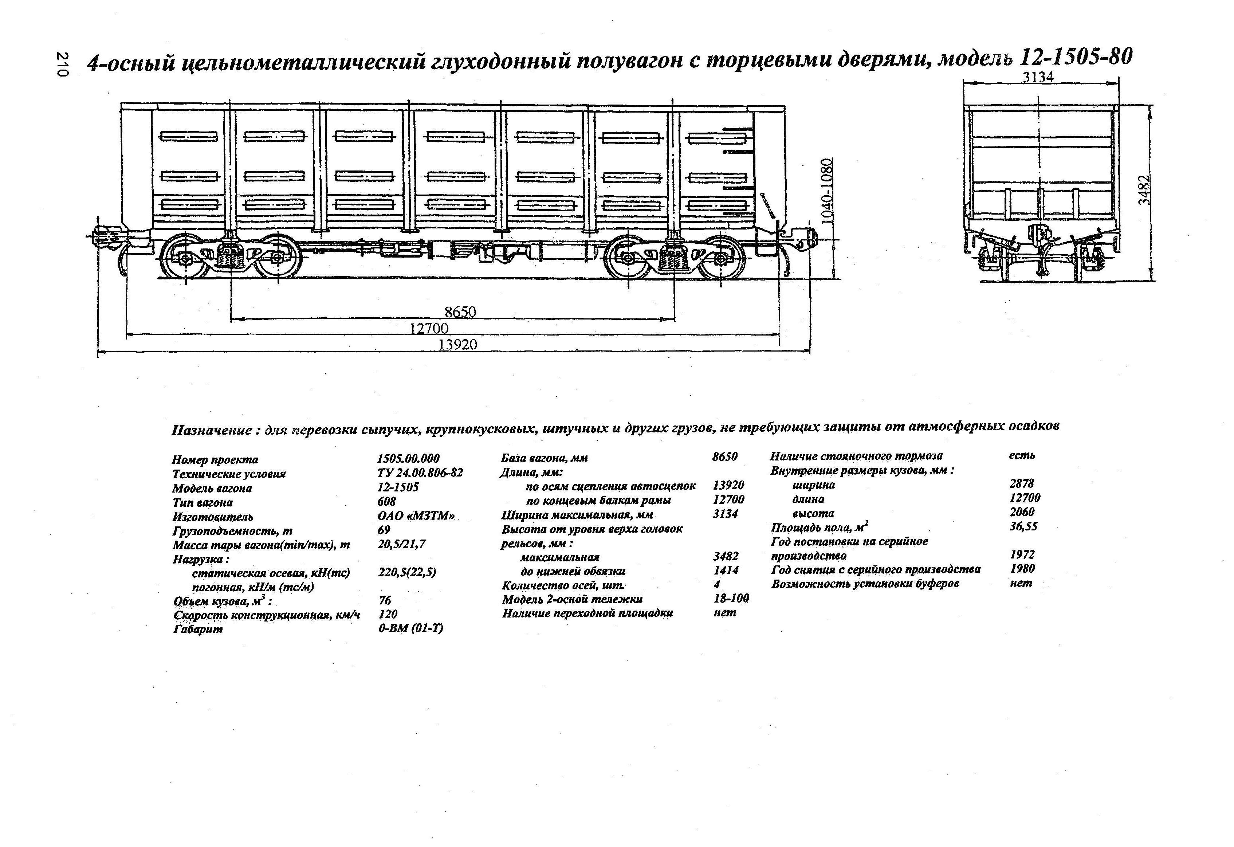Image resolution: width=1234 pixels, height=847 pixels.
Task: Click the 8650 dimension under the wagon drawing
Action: pyautogui.click(x=460, y=312)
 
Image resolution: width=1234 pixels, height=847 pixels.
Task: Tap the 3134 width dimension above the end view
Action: pyautogui.click(x=1038, y=77)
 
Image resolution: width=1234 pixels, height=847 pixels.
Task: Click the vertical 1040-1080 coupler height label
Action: pyautogui.click(x=827, y=191)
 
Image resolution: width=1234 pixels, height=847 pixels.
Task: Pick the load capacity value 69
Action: pyautogui.click(x=384, y=530)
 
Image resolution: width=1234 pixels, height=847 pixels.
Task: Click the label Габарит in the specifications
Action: pyautogui.click(x=197, y=629)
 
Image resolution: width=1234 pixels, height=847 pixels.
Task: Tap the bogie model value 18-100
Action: pyautogui.click(x=731, y=599)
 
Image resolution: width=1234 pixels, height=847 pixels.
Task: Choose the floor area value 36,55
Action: pyautogui.click(x=1023, y=526)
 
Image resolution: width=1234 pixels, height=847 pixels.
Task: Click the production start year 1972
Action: pyautogui.click(x=1022, y=554)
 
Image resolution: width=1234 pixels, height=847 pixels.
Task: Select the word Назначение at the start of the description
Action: pyautogui.click(x=211, y=430)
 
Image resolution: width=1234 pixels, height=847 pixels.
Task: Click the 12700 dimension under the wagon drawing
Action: pyautogui.click(x=429, y=328)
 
